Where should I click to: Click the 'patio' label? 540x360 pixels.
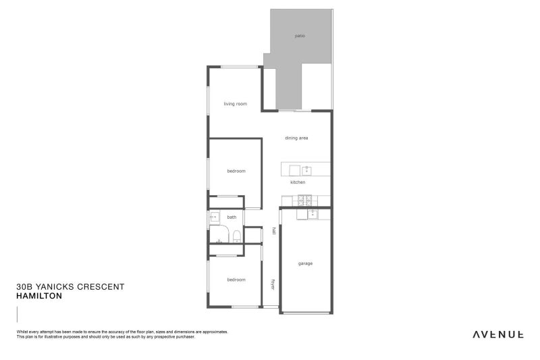(300, 36)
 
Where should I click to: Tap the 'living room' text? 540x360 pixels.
(236, 104)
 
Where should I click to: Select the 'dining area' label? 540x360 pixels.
(296, 138)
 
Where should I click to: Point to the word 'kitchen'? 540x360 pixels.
(298, 182)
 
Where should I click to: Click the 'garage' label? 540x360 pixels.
(305, 263)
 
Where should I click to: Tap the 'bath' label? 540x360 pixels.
(232, 217)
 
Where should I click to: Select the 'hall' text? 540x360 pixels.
(273, 230)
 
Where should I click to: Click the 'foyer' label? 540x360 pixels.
(273, 284)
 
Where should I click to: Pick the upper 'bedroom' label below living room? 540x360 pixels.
(236, 171)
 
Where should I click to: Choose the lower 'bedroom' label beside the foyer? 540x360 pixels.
(236, 280)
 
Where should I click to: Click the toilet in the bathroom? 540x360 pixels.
(237, 236)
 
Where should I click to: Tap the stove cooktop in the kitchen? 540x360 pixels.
(305, 200)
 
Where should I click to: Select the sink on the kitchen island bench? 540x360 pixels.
(306, 169)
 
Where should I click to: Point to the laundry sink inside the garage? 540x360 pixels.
(313, 214)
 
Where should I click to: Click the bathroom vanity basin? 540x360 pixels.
(215, 217)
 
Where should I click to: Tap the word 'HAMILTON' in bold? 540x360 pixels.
(39, 296)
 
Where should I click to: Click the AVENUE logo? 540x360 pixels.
(498, 334)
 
